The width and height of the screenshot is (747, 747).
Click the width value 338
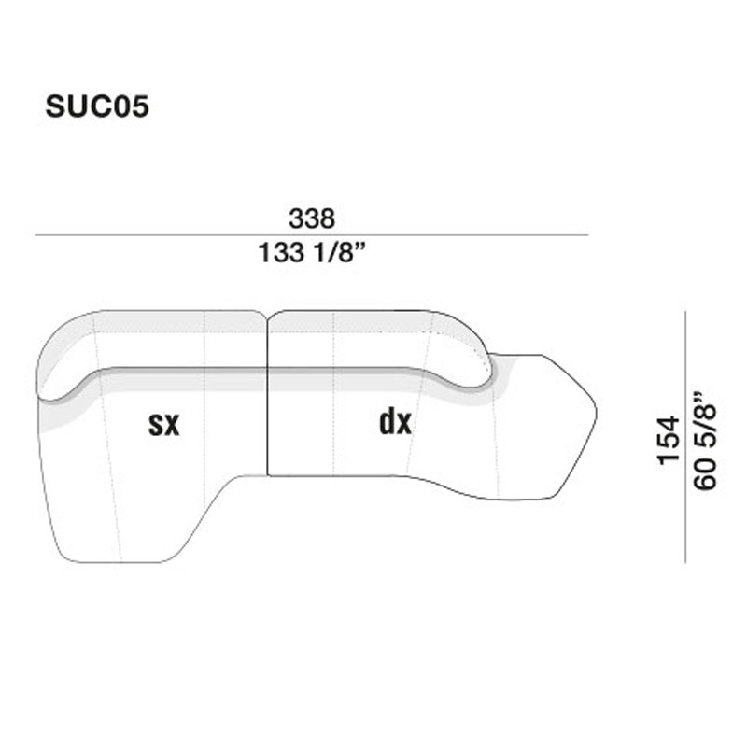[312, 219]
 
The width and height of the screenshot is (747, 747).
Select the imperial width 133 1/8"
[312, 252]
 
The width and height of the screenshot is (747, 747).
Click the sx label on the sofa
[163, 425]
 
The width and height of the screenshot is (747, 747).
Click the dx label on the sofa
[395, 423]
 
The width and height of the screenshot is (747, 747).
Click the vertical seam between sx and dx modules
[268, 420]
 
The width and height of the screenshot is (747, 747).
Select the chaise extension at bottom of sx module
[121, 523]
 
